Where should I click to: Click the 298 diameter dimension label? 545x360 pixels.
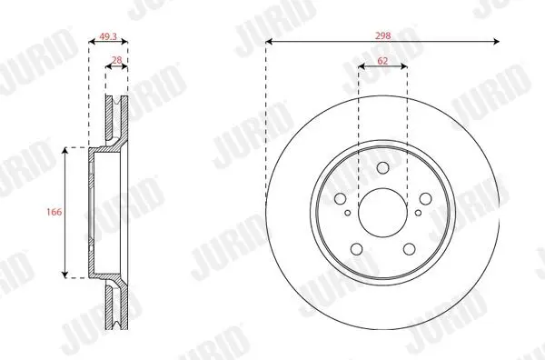click(x=382, y=35)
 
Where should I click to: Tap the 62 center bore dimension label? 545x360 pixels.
click(x=382, y=61)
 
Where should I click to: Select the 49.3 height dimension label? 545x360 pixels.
click(x=108, y=36)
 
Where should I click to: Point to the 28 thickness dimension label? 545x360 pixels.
click(x=117, y=60)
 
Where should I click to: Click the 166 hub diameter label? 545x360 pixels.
click(x=54, y=212)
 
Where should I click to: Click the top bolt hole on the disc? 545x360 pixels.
click(x=382, y=167)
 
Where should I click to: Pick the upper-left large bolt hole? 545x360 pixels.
click(x=341, y=199)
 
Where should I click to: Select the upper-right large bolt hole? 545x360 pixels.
click(x=425, y=199)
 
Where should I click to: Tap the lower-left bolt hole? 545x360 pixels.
click(x=357, y=249)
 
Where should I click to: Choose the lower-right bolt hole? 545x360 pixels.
click(x=409, y=249)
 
